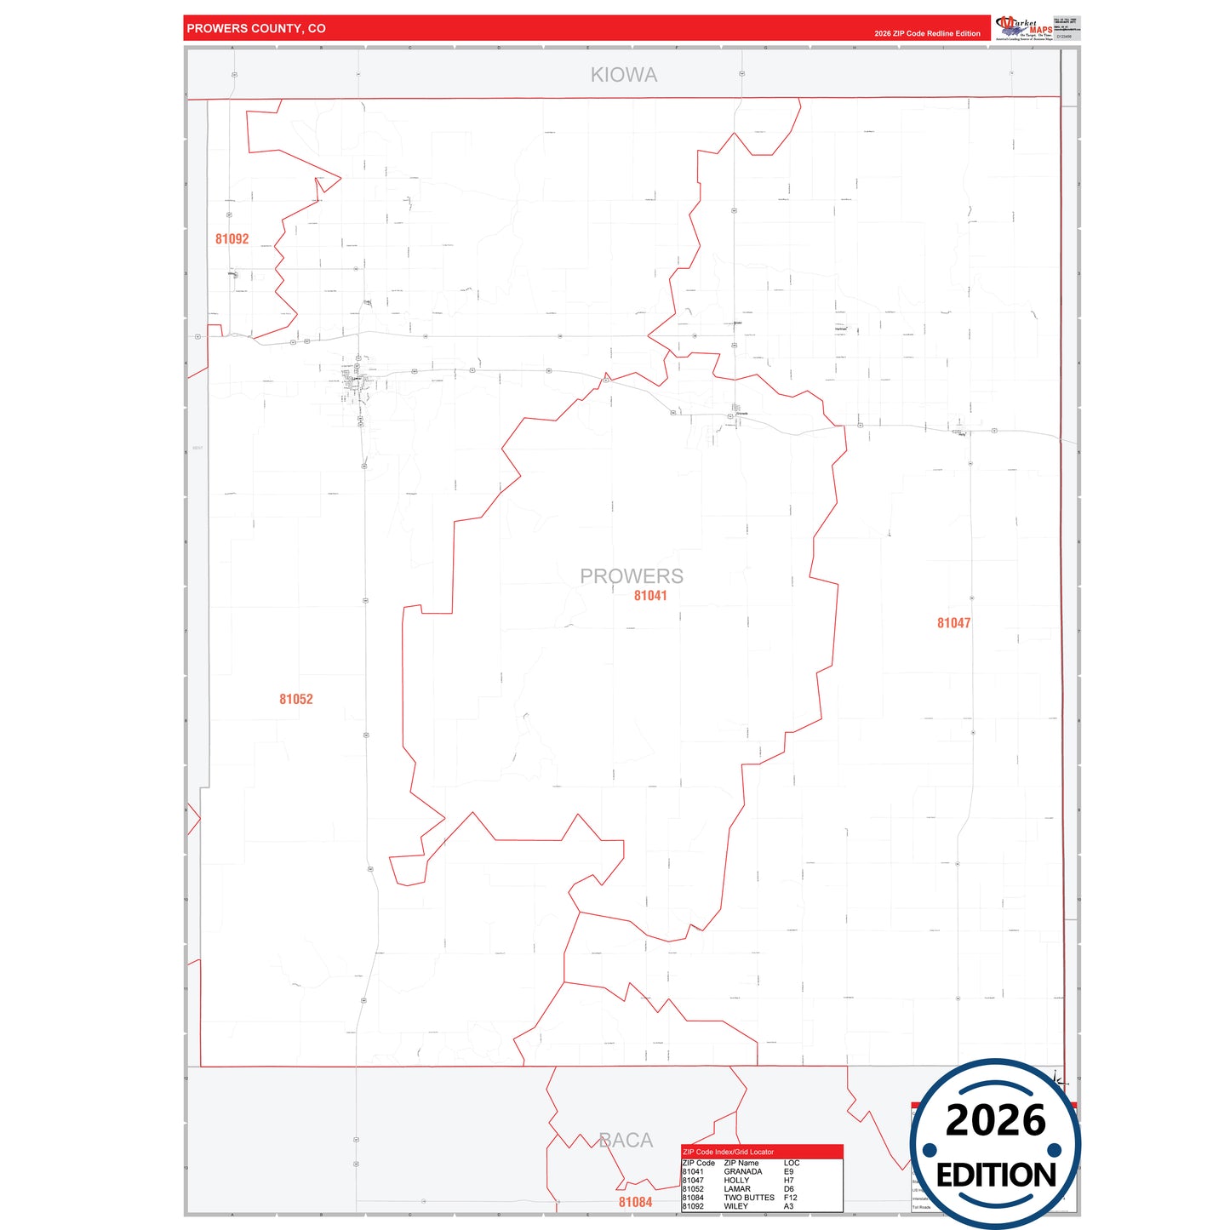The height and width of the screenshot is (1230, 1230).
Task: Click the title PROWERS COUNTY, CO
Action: coord(255,28)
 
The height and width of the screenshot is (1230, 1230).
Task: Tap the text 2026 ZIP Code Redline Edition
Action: coord(927,33)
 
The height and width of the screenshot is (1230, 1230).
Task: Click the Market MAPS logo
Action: coord(1024,27)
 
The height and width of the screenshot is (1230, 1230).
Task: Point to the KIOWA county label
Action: coord(624,75)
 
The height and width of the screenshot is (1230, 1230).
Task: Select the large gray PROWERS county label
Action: coord(631,575)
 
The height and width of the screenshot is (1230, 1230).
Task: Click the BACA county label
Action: coord(626,1140)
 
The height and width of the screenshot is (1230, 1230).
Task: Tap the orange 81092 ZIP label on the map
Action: coord(232,239)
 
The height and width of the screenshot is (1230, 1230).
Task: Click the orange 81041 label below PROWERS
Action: coord(650,596)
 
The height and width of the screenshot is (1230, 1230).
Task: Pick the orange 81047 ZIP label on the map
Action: coord(953,623)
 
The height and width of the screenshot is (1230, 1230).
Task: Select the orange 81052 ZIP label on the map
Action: coord(296,699)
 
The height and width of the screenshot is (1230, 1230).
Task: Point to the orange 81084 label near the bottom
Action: coord(635,1202)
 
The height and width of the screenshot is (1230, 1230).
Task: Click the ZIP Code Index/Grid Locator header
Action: coord(728,1152)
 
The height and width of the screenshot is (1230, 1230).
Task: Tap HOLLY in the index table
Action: coord(736,1181)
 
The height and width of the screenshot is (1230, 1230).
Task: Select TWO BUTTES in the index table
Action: coord(749,1198)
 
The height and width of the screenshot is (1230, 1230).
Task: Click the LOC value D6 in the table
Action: coord(788,1189)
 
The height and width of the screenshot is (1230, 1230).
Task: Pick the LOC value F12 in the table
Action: coord(790,1198)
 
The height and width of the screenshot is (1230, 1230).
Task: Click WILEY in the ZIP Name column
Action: coord(735,1206)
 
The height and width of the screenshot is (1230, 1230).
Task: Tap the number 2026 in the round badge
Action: coord(995,1120)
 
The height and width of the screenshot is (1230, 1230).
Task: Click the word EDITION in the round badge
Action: coord(996,1176)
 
